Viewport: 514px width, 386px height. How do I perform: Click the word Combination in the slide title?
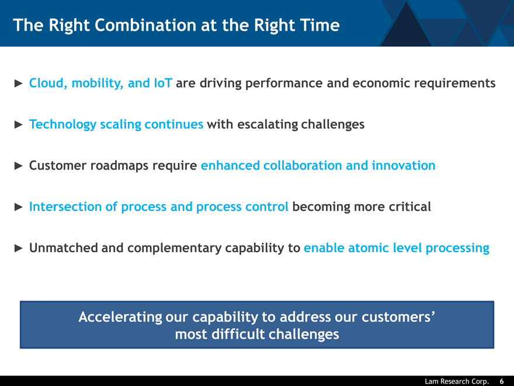(x=145, y=25)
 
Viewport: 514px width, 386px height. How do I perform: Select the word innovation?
(x=404, y=166)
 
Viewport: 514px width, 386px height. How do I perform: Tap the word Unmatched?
(x=63, y=248)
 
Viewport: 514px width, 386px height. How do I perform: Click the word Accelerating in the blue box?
(x=120, y=318)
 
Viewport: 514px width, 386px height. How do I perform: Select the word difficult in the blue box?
(x=238, y=335)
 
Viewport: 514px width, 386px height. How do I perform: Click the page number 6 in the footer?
(x=502, y=381)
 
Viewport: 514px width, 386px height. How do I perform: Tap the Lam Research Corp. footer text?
(x=457, y=381)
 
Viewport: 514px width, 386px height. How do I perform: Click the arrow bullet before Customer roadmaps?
(x=19, y=166)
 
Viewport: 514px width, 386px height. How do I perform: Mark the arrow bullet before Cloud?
(x=19, y=84)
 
